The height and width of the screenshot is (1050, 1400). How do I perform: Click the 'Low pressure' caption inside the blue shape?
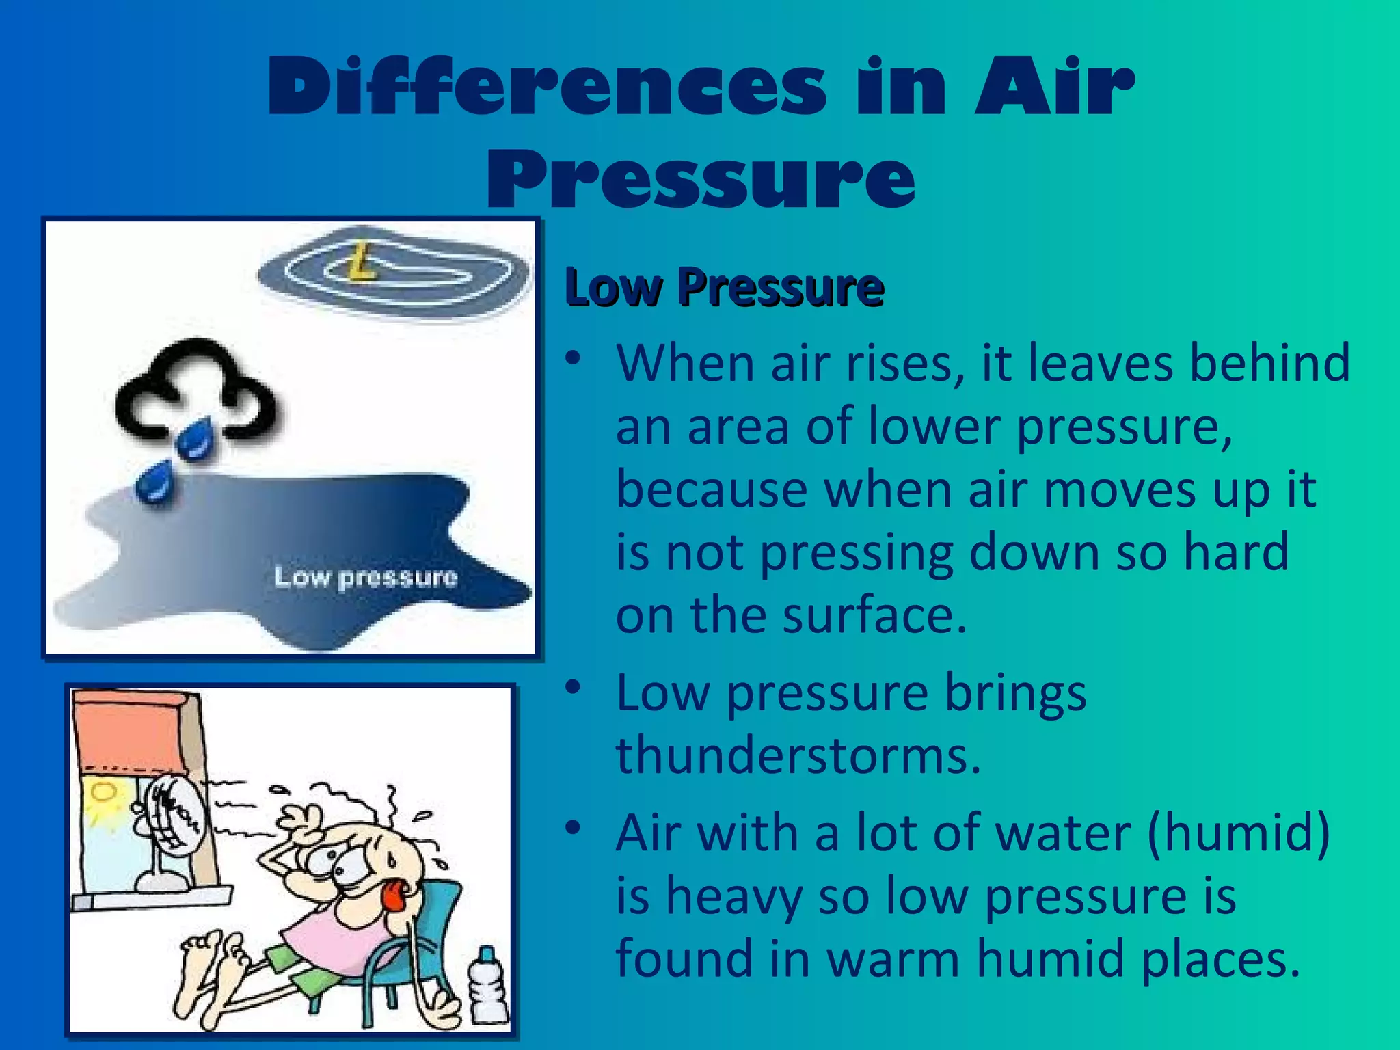366,578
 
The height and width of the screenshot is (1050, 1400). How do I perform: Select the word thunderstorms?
798,755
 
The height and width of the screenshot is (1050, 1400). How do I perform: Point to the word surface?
875,615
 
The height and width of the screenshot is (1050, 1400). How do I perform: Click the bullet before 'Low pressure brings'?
573,686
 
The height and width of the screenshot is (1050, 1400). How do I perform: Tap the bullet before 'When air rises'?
573,357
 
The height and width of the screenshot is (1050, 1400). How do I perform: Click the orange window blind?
130,728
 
